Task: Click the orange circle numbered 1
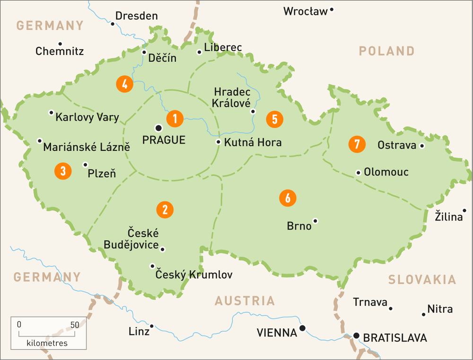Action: pyautogui.click(x=175, y=118)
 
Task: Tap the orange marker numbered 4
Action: pyautogui.click(x=124, y=85)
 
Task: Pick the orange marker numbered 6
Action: pyautogui.click(x=288, y=198)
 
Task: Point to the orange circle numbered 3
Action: pyautogui.click(x=63, y=171)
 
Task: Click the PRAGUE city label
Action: pyautogui.click(x=164, y=140)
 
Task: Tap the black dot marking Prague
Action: pyautogui.click(x=158, y=128)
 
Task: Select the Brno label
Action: pyautogui.click(x=299, y=226)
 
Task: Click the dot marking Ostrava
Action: pyautogui.click(x=422, y=145)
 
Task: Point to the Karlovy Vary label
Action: pyautogui.click(x=88, y=117)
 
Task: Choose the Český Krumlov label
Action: pyautogui.click(x=194, y=275)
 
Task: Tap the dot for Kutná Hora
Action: pyautogui.click(x=218, y=142)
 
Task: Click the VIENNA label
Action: pyautogui.click(x=277, y=333)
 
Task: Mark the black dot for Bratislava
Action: pyautogui.click(x=356, y=335)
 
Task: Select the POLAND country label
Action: pyautogui.click(x=386, y=51)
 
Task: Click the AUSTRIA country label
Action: pyautogui.click(x=245, y=301)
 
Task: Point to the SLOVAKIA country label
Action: pyautogui.click(x=422, y=280)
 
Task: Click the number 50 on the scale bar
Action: pyautogui.click(x=75, y=325)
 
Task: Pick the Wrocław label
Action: pyautogui.click(x=306, y=11)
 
